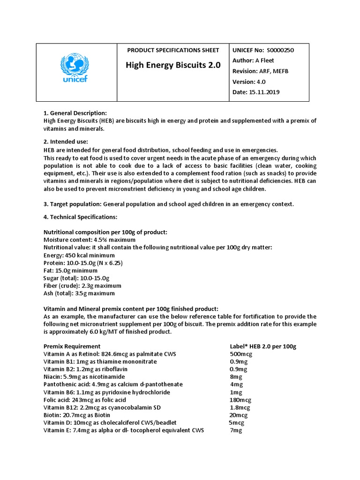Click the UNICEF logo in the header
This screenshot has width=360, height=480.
[x=75, y=69]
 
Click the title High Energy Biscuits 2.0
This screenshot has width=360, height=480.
[x=173, y=65]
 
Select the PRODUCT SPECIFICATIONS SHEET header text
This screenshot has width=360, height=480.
[x=173, y=50]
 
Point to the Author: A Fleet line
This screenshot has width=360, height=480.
[x=253, y=60]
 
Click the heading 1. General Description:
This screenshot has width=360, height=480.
[x=75, y=113]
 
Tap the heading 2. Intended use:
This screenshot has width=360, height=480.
[x=66, y=142]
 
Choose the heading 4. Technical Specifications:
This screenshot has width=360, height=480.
[x=80, y=217]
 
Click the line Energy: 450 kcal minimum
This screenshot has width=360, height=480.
[x=79, y=255]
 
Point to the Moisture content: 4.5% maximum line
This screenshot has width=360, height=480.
[x=87, y=240]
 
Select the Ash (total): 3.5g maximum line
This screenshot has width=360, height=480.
[x=79, y=293]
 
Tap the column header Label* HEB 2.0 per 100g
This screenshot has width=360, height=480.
[x=263, y=346]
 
